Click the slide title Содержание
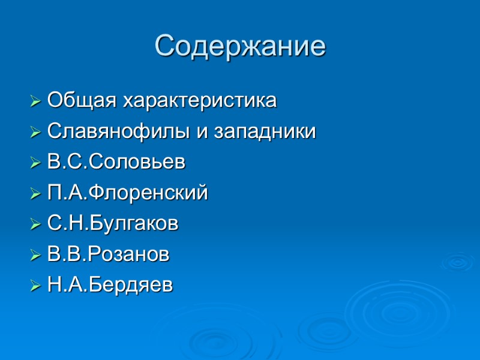click(240, 46)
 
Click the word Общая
click(83, 100)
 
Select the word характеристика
click(200, 100)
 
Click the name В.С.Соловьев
click(116, 162)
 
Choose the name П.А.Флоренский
click(127, 193)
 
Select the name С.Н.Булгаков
click(113, 224)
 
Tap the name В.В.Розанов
click(108, 255)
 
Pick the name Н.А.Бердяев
click(110, 286)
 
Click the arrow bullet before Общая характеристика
click(35, 100)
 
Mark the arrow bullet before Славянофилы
click(35, 131)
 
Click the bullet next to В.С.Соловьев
click(35, 163)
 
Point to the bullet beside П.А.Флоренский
click(35, 194)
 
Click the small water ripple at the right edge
click(457, 262)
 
